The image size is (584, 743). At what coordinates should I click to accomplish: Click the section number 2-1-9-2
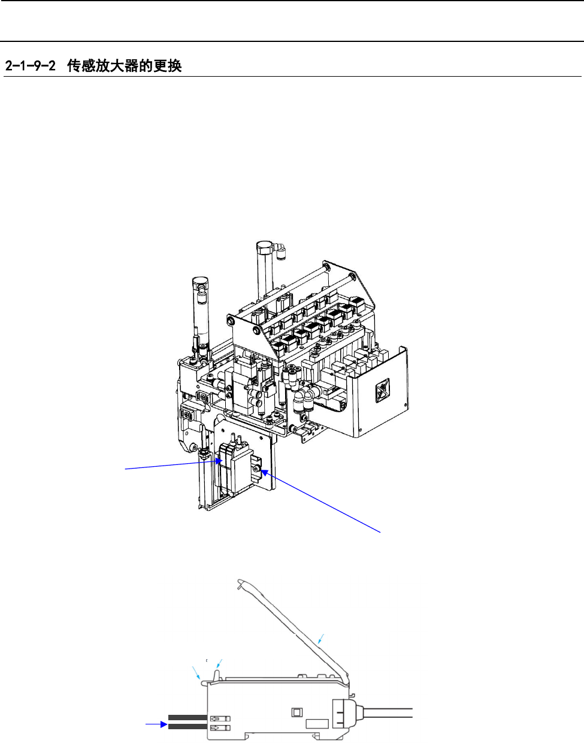(31, 65)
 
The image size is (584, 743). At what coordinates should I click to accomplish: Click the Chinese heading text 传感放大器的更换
(124, 65)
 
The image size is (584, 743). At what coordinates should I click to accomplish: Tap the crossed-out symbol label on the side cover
(382, 391)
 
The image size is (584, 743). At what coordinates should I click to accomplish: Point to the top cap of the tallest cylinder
(265, 247)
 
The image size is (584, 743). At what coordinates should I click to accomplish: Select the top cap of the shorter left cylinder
(201, 282)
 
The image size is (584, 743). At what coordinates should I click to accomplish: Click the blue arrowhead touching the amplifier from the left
(219, 461)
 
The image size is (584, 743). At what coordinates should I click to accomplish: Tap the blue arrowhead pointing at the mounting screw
(265, 472)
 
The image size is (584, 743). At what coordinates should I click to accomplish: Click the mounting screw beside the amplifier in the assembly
(256, 469)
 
